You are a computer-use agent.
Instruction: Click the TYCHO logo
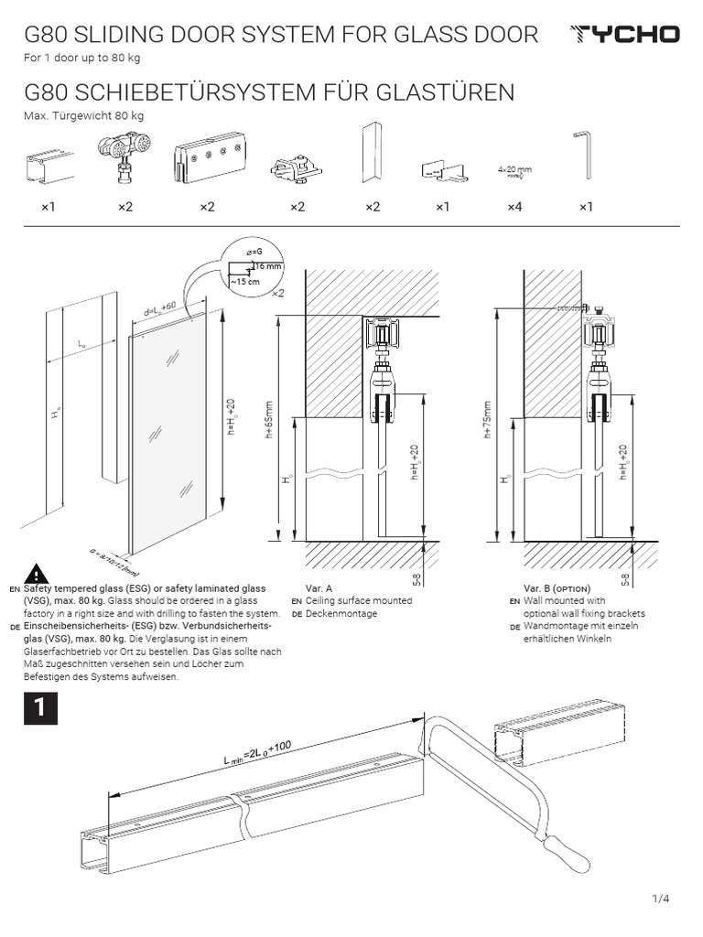pos(624,35)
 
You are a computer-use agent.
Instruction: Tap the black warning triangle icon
pos(36,573)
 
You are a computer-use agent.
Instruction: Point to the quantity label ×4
pos(514,208)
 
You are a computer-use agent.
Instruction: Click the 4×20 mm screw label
pos(514,169)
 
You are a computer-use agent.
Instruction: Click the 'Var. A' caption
pos(319,587)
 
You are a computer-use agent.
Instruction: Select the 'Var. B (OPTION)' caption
pos(557,587)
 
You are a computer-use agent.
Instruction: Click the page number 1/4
pos(661,899)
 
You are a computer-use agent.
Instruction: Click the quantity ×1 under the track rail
pos(48,208)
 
